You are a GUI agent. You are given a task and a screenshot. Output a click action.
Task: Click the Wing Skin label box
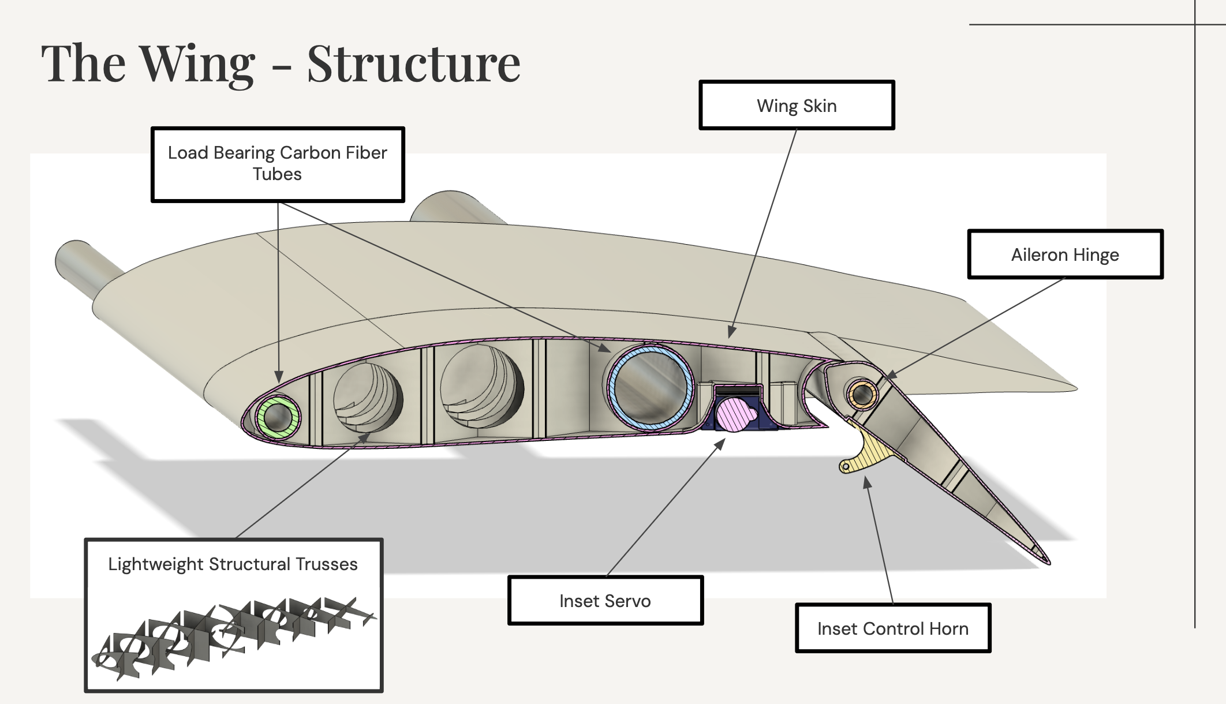797,106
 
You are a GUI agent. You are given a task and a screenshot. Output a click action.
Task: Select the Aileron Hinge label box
1065,254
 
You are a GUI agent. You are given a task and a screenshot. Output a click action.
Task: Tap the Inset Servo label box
605,601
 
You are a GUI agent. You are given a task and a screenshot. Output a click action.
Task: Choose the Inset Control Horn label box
892,628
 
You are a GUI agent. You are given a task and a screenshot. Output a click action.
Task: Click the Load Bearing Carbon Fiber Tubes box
278,164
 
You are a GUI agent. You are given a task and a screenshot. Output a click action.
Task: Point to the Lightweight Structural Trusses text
233,564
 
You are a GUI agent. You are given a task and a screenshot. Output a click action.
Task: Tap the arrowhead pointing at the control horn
866,481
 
